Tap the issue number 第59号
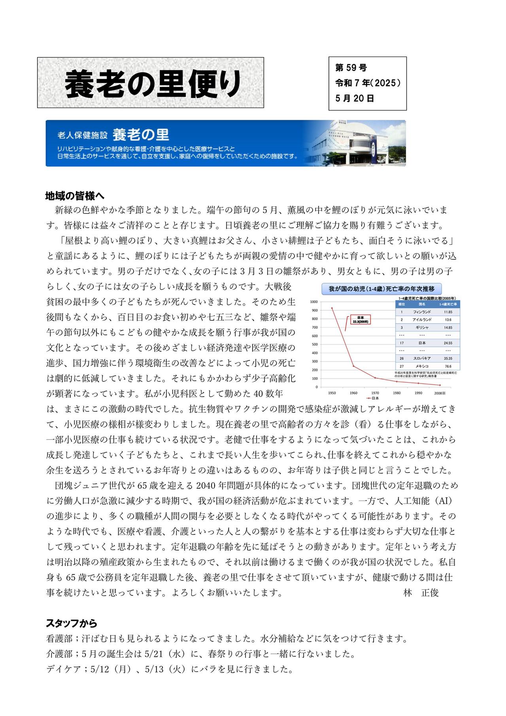pos(351,68)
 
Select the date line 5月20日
pos(355,98)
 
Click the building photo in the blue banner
pos(356,143)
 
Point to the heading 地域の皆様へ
pos(75,196)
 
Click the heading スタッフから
pos(72,623)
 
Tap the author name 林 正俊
pos(421,593)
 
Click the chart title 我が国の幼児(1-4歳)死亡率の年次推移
pos(381,289)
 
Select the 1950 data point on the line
pos(332,308)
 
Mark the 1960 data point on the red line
pos(353,366)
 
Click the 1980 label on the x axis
pos(397,393)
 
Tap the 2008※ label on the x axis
pos(440,393)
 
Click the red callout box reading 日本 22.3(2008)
pos(360,319)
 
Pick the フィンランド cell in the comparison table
pos(422,312)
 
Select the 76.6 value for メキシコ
pos(448,366)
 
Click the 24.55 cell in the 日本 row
pos(448,343)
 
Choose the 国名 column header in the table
pos(422,304)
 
